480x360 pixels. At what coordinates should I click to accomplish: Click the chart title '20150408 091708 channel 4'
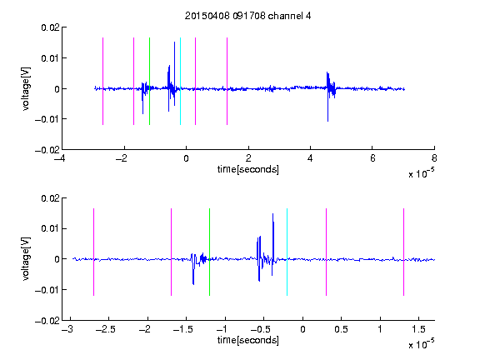click(x=247, y=16)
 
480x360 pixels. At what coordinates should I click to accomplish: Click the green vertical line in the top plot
click(x=149, y=81)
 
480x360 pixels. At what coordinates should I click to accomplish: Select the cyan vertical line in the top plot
click(x=180, y=81)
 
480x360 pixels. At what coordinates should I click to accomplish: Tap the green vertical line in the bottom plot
click(x=209, y=252)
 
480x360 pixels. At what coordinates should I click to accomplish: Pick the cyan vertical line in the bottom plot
click(x=287, y=252)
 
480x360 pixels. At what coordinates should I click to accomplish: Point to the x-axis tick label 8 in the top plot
click(x=434, y=158)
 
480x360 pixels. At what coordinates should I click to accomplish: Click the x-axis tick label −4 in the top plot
click(x=59, y=158)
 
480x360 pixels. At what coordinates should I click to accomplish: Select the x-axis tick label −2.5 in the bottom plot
click(x=105, y=329)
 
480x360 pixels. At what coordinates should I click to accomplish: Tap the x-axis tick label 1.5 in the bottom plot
click(x=418, y=329)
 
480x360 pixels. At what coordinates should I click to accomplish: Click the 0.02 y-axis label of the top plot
click(x=50, y=27)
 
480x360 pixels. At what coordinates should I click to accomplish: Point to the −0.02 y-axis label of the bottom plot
click(x=47, y=321)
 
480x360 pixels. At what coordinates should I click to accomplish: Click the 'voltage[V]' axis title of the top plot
click(x=26, y=89)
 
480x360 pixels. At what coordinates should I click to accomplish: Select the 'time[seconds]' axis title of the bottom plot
click(x=248, y=340)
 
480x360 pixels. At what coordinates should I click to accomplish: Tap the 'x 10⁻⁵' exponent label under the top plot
click(x=421, y=173)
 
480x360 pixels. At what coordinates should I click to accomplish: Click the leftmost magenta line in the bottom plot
click(x=93, y=252)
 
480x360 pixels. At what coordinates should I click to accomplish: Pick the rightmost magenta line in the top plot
click(x=227, y=81)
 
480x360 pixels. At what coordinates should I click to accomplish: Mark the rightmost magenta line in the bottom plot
click(x=403, y=252)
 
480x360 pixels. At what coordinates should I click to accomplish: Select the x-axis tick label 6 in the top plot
click(x=372, y=158)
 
